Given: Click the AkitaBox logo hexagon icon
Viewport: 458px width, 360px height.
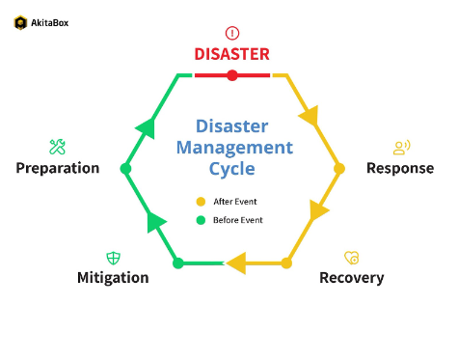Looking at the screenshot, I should [20, 22].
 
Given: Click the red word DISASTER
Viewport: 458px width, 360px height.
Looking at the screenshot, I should [231, 54].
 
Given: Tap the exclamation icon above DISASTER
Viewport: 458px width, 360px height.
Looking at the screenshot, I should [231, 33].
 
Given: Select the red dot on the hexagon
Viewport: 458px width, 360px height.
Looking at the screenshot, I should [231, 75].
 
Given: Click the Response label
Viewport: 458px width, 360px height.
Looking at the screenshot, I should [400, 168].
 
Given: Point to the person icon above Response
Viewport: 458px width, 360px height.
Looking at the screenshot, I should [401, 147].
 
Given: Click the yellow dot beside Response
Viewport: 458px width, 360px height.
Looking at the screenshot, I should [338, 168].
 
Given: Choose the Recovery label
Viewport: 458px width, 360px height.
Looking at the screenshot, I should [351, 278].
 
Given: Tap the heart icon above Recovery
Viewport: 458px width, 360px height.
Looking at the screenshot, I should [351, 258].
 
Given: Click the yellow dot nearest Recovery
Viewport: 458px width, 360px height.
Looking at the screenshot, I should [286, 263].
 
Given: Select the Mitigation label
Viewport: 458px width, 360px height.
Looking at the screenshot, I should [113, 278].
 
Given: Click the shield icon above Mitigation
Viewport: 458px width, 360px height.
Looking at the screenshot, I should [113, 258].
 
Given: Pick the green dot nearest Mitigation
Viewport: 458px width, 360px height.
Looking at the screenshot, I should [177, 263].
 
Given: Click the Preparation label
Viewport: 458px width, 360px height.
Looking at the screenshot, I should [58, 168].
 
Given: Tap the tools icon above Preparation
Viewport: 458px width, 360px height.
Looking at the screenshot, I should [57, 147].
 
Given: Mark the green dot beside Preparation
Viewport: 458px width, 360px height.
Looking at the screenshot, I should [125, 169].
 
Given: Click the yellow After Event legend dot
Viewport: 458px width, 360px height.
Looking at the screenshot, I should [201, 202].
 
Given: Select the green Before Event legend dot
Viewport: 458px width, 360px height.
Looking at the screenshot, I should [201, 220].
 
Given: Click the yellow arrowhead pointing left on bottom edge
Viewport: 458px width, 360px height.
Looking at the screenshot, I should [235, 263].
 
